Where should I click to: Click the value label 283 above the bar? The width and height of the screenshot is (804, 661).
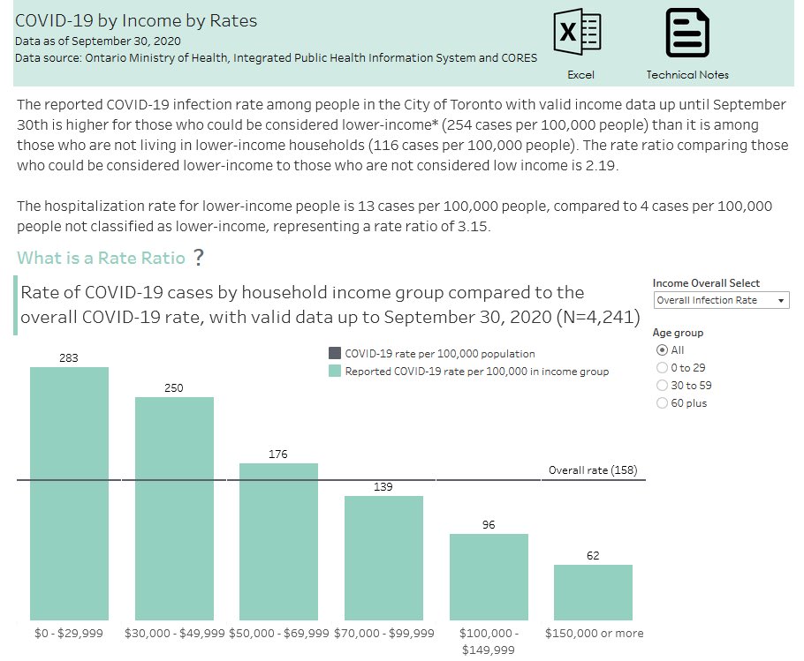[x=69, y=357]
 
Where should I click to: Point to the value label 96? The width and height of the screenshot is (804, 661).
[x=489, y=524]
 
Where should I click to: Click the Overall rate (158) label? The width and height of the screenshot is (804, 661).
[x=592, y=470]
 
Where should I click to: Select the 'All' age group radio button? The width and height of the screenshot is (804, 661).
[x=663, y=350]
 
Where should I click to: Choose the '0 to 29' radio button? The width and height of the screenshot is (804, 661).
[x=663, y=368]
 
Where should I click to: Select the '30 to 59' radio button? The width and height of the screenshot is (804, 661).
[x=663, y=386]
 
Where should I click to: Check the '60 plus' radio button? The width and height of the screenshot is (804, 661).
[x=663, y=403]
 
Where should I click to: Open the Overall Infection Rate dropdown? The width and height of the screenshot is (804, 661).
[x=721, y=301]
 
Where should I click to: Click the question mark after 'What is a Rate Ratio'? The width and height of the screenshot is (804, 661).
[x=199, y=258]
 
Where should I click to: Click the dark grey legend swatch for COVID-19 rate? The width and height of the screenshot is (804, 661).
[x=335, y=353]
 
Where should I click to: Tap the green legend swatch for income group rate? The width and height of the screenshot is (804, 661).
[x=335, y=372]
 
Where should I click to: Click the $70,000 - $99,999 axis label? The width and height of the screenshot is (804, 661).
[x=383, y=633]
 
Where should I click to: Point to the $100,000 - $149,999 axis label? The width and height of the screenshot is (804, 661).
[x=489, y=641]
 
